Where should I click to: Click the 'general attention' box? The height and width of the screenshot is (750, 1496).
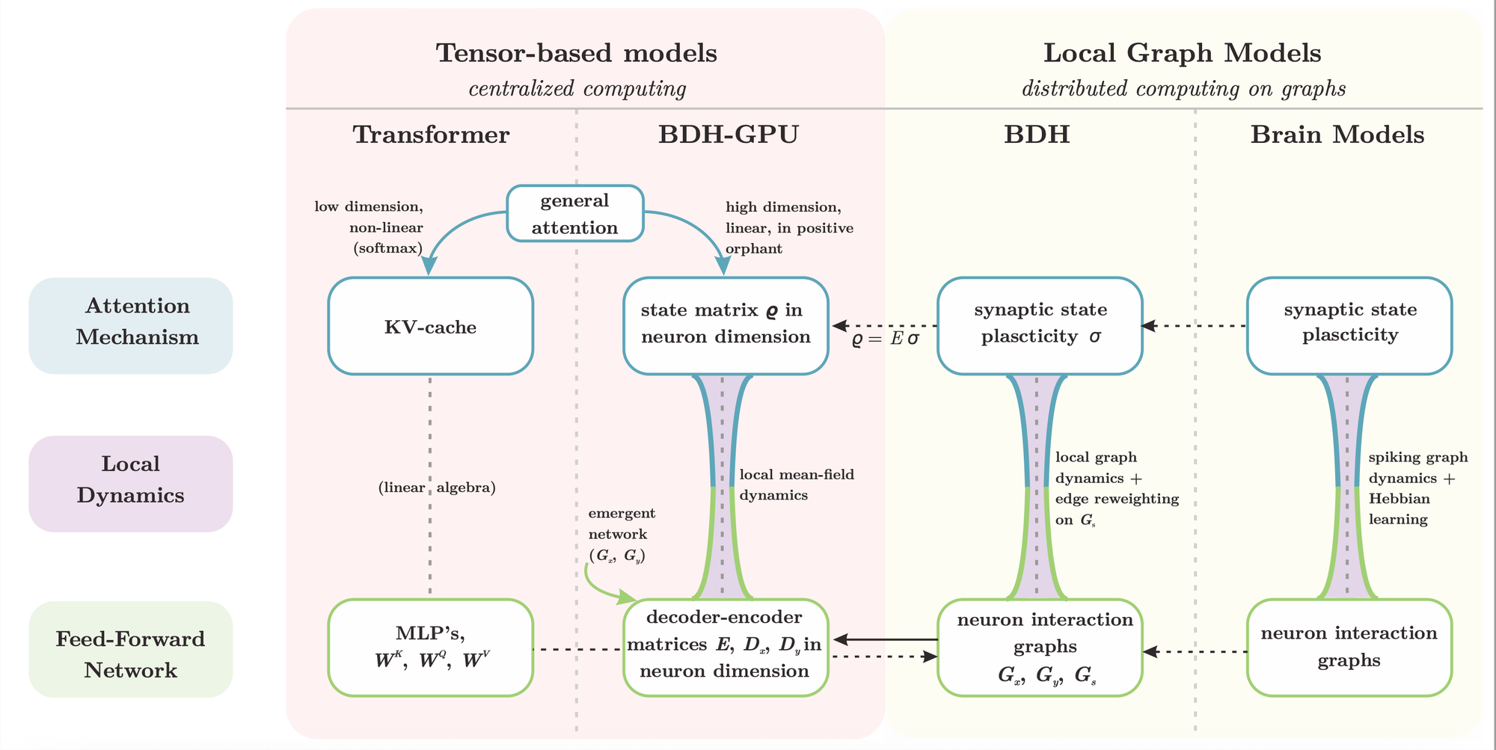[x=575, y=214]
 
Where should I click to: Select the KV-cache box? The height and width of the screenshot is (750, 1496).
[x=430, y=327]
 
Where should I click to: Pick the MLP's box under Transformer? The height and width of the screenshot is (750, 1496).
[x=430, y=648]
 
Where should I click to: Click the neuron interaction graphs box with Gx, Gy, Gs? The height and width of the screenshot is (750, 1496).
[x=1040, y=648]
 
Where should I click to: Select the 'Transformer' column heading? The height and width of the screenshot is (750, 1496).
[x=431, y=135]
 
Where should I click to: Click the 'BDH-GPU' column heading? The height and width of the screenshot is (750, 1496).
[x=729, y=135]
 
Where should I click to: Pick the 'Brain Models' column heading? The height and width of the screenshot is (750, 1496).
[x=1337, y=135]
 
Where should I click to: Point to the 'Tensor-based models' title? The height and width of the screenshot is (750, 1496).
[x=576, y=53]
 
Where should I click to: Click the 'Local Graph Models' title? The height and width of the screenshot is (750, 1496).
[x=1182, y=53]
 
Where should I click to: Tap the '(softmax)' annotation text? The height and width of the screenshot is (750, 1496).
[x=387, y=248]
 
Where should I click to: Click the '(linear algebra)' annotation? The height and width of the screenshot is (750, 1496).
[x=437, y=488]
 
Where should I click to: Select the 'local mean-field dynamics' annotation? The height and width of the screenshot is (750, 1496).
[x=796, y=485]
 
